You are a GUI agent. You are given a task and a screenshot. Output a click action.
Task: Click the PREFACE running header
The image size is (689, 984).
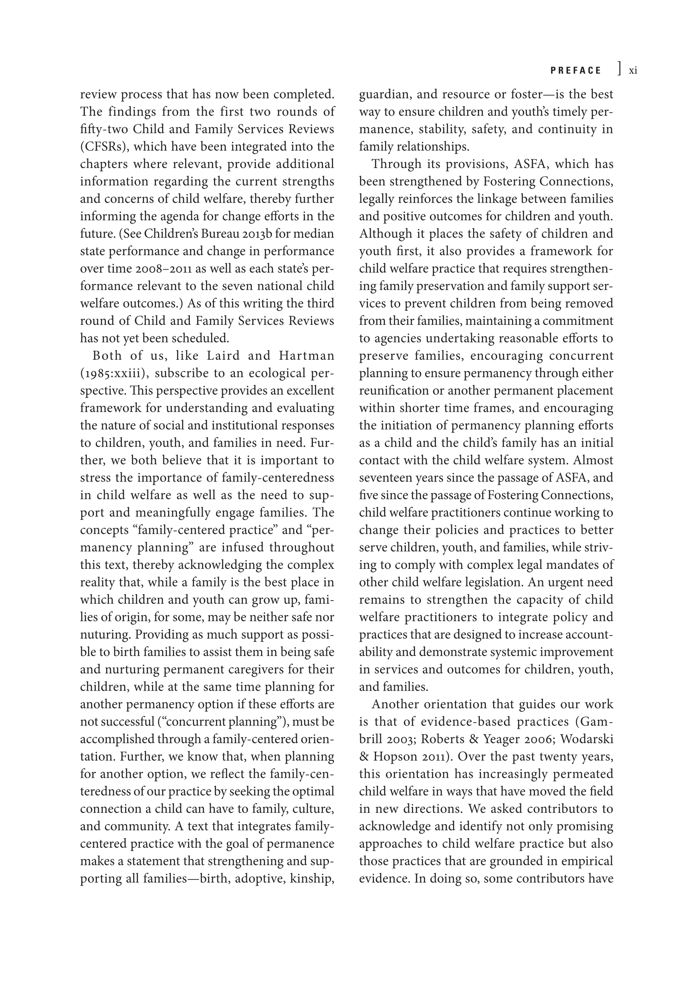click(576, 71)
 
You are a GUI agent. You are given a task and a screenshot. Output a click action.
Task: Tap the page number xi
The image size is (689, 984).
click(632, 71)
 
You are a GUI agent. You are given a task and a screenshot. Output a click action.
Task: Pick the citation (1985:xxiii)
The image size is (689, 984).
click(115, 373)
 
